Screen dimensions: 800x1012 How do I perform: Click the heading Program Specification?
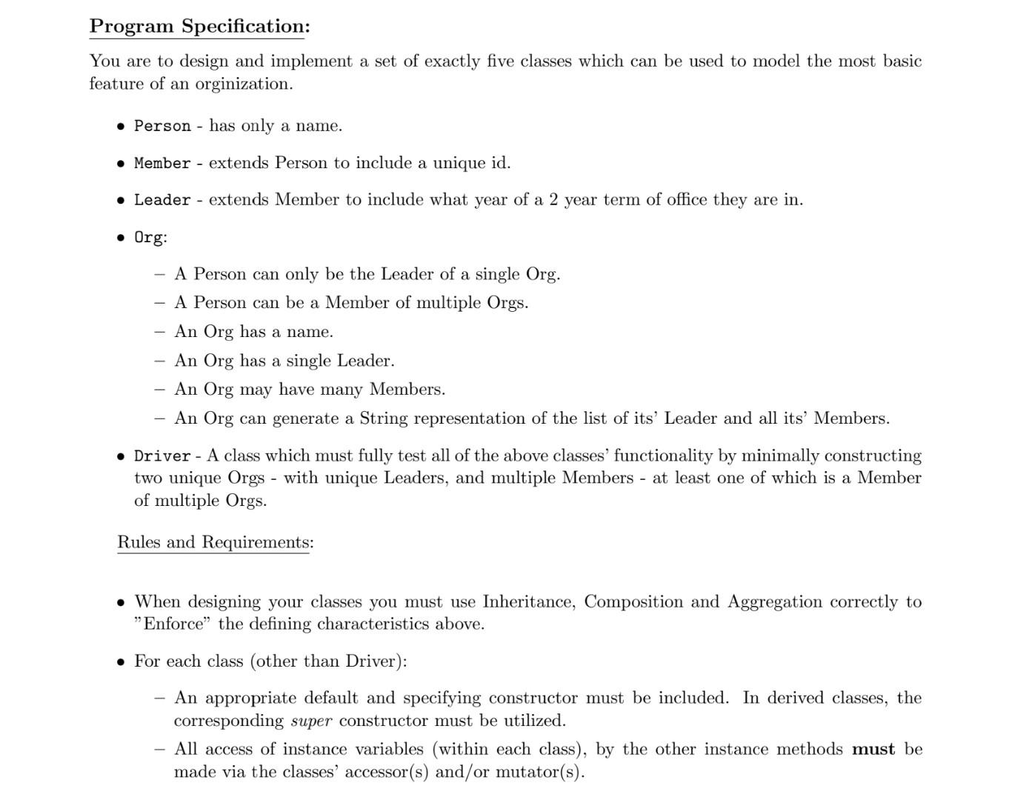(199, 27)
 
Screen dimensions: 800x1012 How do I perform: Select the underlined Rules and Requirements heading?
(215, 542)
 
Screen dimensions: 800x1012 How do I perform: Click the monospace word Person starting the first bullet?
(162, 126)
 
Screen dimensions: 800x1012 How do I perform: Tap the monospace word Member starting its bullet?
(162, 163)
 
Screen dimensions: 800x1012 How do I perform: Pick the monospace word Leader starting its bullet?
(162, 200)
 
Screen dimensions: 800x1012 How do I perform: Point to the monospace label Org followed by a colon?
(148, 238)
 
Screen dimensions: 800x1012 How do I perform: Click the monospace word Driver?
(162, 456)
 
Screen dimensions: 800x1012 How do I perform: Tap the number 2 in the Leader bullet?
(553, 200)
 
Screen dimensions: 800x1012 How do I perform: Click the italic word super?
(311, 721)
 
